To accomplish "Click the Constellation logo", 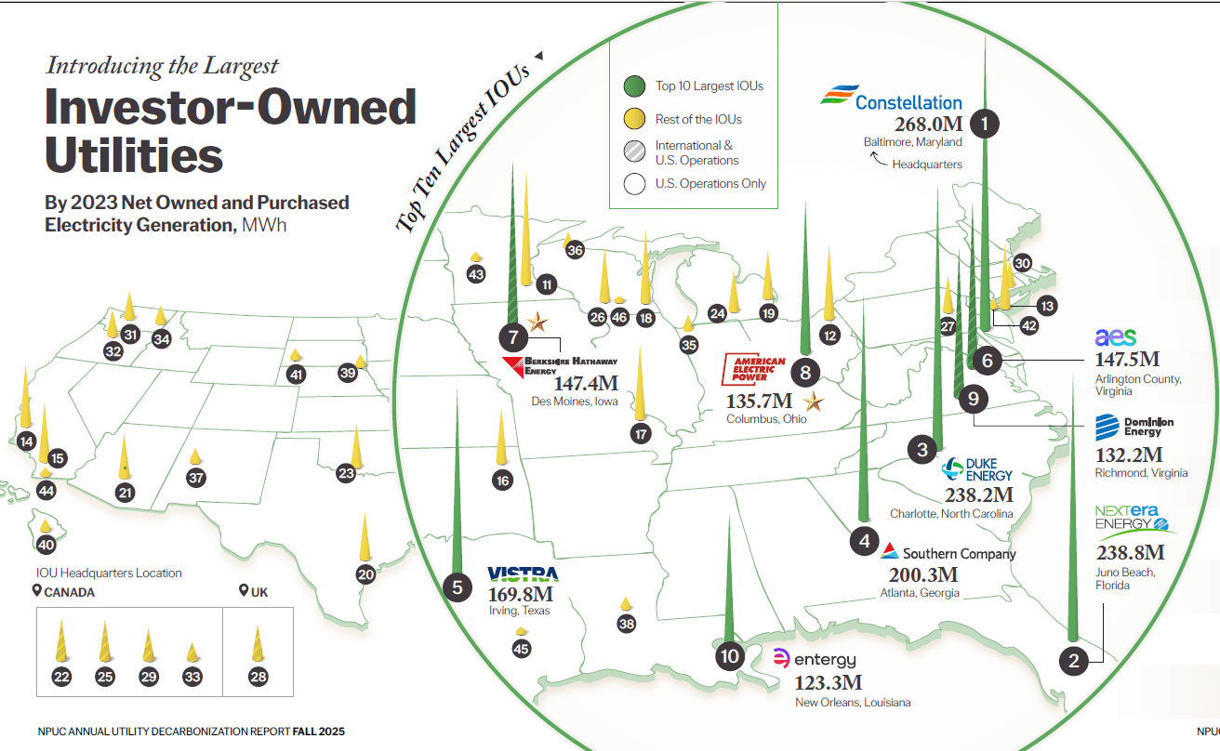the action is point(891,100).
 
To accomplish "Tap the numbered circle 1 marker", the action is point(984,123).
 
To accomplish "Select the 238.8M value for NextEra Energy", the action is point(1130,554).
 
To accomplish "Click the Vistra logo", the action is point(523,574).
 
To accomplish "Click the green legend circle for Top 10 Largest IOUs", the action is point(634,86).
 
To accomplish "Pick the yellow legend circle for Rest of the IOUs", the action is point(634,119).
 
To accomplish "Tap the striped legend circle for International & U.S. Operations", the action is point(634,152).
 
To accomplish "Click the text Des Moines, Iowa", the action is point(574,402).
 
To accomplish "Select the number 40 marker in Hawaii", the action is point(46,546).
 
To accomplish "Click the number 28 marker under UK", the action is point(259,677).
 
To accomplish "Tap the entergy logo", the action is point(815,660).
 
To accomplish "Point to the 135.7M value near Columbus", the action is point(759,402).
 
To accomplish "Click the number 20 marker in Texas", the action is point(365,574).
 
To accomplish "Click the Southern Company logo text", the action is point(959,554).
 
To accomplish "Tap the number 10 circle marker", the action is point(730,656).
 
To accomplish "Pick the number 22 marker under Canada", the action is point(61,677).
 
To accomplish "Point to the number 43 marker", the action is point(476,275).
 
